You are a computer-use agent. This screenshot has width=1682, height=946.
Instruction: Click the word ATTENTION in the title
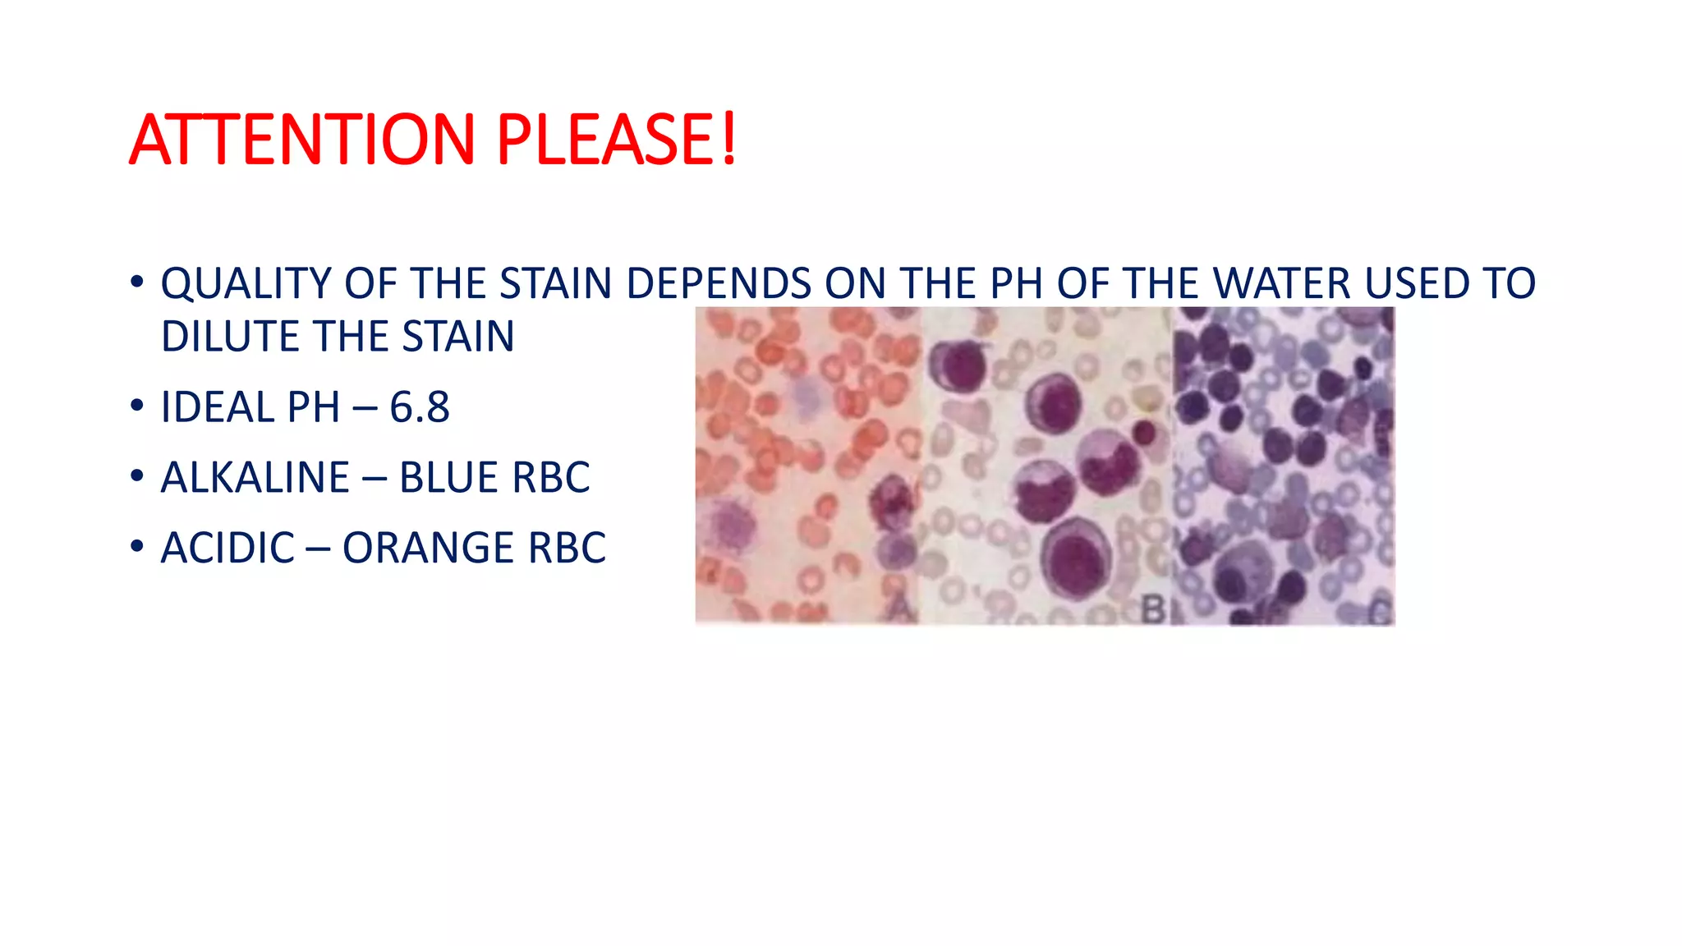(x=302, y=140)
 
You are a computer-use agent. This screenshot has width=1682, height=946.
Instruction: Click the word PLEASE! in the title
(x=616, y=140)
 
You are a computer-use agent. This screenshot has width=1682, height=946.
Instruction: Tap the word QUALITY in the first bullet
(x=246, y=284)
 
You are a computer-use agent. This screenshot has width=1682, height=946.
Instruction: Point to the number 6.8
(x=420, y=407)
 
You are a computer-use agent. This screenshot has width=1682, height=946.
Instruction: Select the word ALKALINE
(x=255, y=478)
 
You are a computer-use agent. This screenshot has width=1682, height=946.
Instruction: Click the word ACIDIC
(x=227, y=549)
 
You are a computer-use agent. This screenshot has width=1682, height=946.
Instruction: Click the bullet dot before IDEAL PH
(x=137, y=406)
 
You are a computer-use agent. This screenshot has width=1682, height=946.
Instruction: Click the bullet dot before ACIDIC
(x=137, y=547)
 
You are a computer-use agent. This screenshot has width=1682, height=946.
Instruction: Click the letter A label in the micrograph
(x=901, y=608)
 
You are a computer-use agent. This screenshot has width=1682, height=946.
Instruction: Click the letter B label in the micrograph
(x=1153, y=610)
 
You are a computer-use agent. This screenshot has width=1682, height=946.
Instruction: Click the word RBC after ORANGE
(x=567, y=549)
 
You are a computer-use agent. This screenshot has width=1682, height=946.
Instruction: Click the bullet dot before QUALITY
(x=137, y=282)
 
